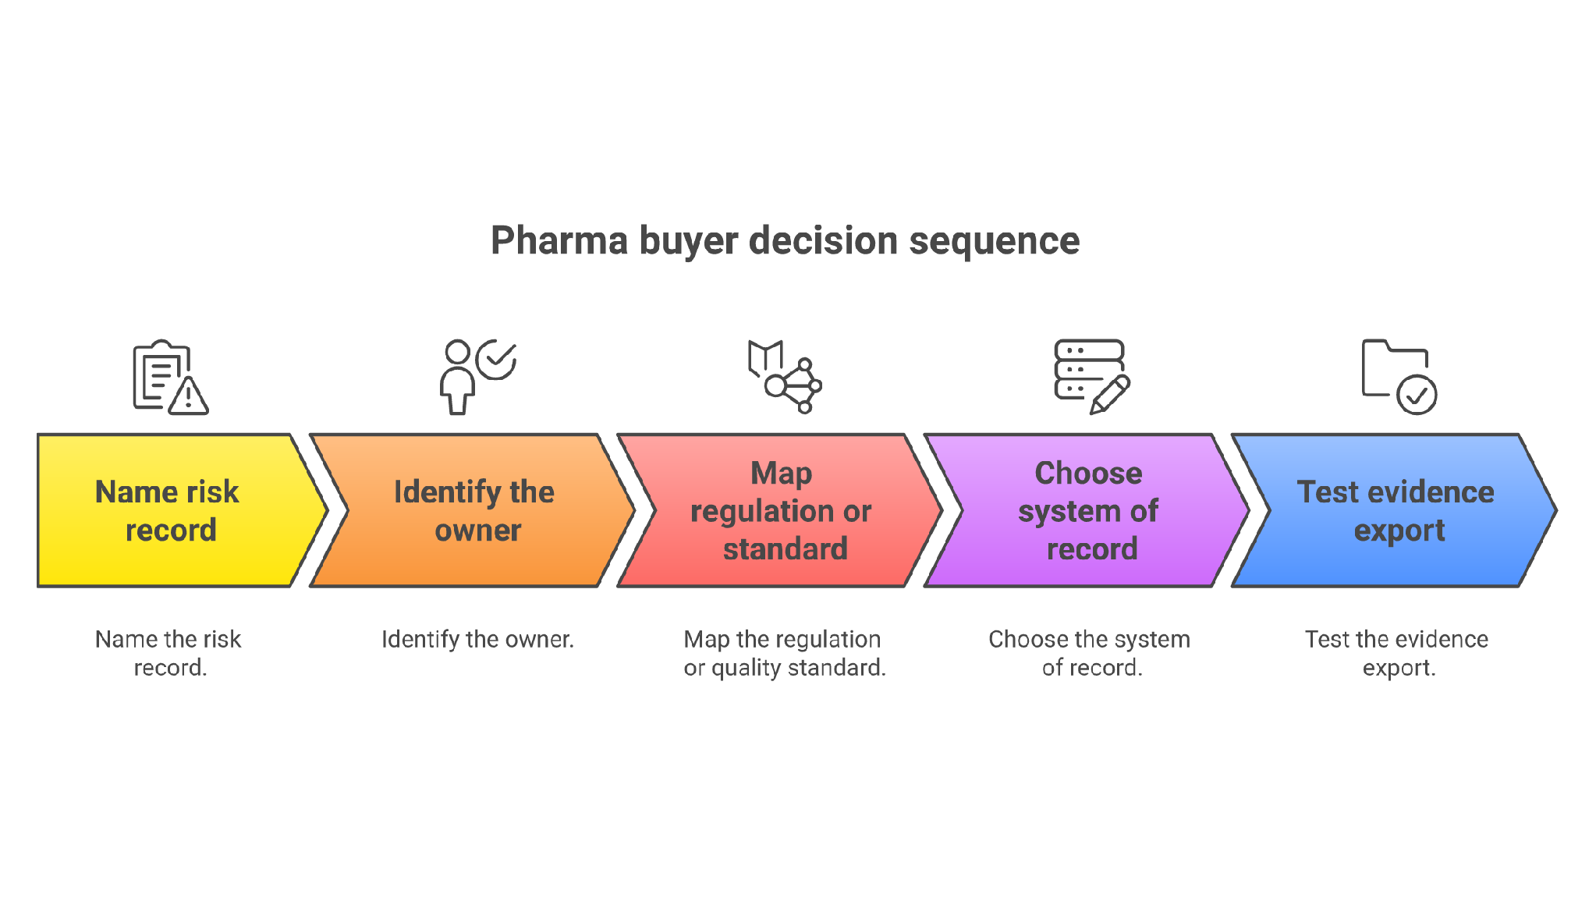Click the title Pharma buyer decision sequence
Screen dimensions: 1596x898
(785, 240)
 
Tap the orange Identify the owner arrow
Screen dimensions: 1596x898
(473, 510)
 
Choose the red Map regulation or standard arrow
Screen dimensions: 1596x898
(780, 510)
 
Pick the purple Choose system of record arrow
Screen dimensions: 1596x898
(1087, 510)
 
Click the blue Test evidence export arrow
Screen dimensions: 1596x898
(1395, 510)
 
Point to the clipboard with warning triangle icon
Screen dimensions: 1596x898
(170, 377)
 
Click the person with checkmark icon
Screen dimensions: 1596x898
(477, 377)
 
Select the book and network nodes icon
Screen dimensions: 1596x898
(785, 377)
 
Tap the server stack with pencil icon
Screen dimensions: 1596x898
(1092, 377)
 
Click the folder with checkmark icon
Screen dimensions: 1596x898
(1399, 377)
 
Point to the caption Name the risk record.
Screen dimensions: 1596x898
(168, 653)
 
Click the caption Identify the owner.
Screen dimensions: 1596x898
(477, 640)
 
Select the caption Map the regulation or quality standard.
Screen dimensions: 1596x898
(784, 653)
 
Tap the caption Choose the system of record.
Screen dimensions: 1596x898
(1090, 653)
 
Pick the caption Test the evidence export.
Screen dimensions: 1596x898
(1397, 653)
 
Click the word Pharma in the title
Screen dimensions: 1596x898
(559, 240)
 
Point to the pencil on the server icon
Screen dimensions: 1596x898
(1110, 395)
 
